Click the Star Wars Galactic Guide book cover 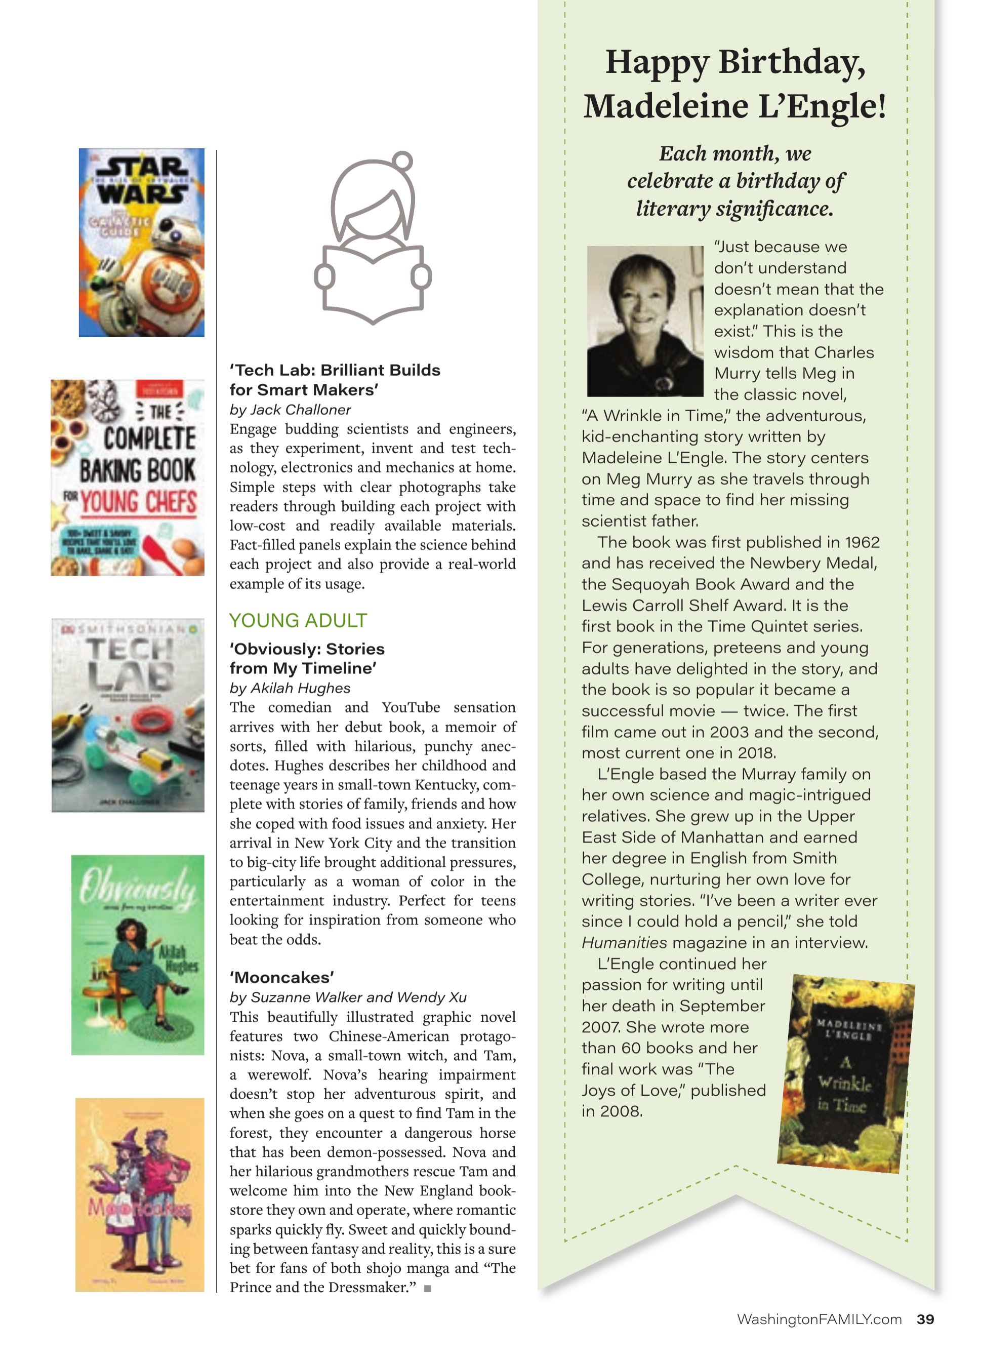coord(142,243)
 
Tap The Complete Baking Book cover coord(128,477)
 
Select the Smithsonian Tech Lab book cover coord(128,715)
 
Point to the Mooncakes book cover coord(140,1194)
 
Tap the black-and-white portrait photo coord(645,321)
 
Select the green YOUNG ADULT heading coord(298,620)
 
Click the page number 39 coord(925,1319)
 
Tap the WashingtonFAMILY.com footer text coord(819,1319)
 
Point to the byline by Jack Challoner coord(290,410)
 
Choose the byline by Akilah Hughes coord(290,688)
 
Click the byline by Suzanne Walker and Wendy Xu coord(348,997)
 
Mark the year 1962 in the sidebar coord(862,542)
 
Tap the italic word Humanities coord(624,943)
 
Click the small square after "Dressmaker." coord(428,1288)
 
